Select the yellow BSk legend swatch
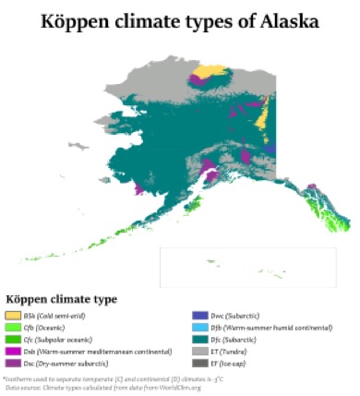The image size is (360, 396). click(x=12, y=317)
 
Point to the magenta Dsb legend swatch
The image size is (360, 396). click(x=12, y=351)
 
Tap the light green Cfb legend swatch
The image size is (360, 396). click(x=12, y=328)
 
